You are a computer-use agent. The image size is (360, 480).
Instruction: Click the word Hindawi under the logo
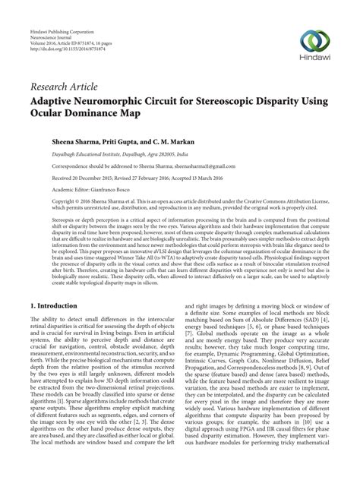click(x=318, y=59)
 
